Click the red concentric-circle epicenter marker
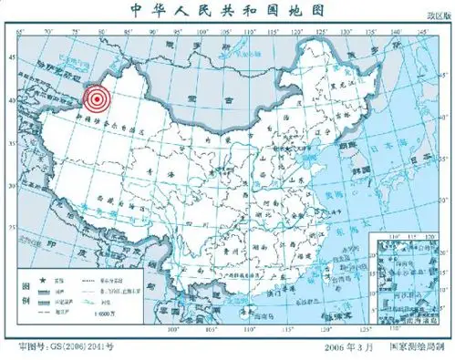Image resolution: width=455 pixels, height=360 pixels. [95, 100]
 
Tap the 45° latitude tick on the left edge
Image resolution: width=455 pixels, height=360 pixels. [12, 57]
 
